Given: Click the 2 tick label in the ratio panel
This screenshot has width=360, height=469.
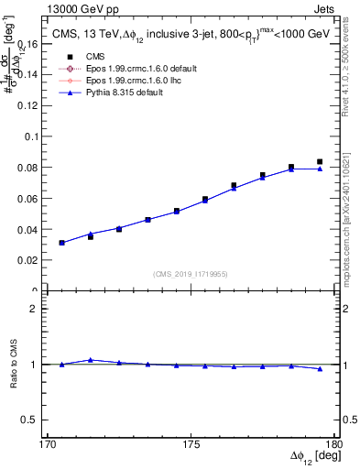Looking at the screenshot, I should tap(39, 309).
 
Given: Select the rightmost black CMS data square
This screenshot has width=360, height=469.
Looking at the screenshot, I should tap(320, 161).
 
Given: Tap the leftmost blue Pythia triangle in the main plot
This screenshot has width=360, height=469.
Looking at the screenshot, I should tap(61, 243).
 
